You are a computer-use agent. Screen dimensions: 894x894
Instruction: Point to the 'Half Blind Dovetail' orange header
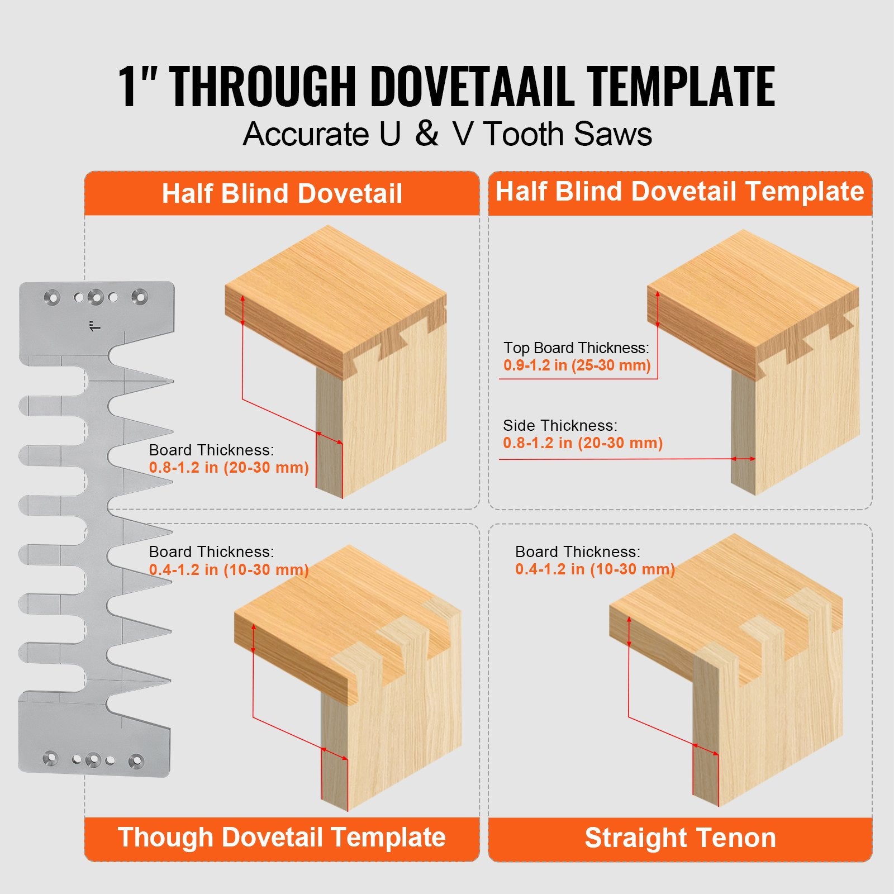[282, 194]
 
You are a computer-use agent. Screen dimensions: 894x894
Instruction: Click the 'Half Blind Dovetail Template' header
[679, 192]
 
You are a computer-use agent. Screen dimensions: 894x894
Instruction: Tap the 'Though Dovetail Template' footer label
[282, 838]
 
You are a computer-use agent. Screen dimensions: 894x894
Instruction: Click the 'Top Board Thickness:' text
[576, 348]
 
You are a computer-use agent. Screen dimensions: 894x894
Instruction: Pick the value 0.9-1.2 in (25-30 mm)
[577, 365]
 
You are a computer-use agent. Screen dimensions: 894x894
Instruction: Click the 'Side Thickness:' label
[560, 426]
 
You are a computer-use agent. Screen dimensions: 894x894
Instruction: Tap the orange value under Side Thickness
[582, 443]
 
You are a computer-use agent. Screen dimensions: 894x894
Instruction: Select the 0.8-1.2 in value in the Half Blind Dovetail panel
[229, 468]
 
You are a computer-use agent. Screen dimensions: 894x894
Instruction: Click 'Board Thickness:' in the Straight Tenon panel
[577, 552]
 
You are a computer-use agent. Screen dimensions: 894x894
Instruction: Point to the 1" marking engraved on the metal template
[94, 325]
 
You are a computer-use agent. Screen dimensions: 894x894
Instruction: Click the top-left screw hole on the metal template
[52, 297]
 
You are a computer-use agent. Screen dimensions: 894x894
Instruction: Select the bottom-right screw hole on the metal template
[136, 760]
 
